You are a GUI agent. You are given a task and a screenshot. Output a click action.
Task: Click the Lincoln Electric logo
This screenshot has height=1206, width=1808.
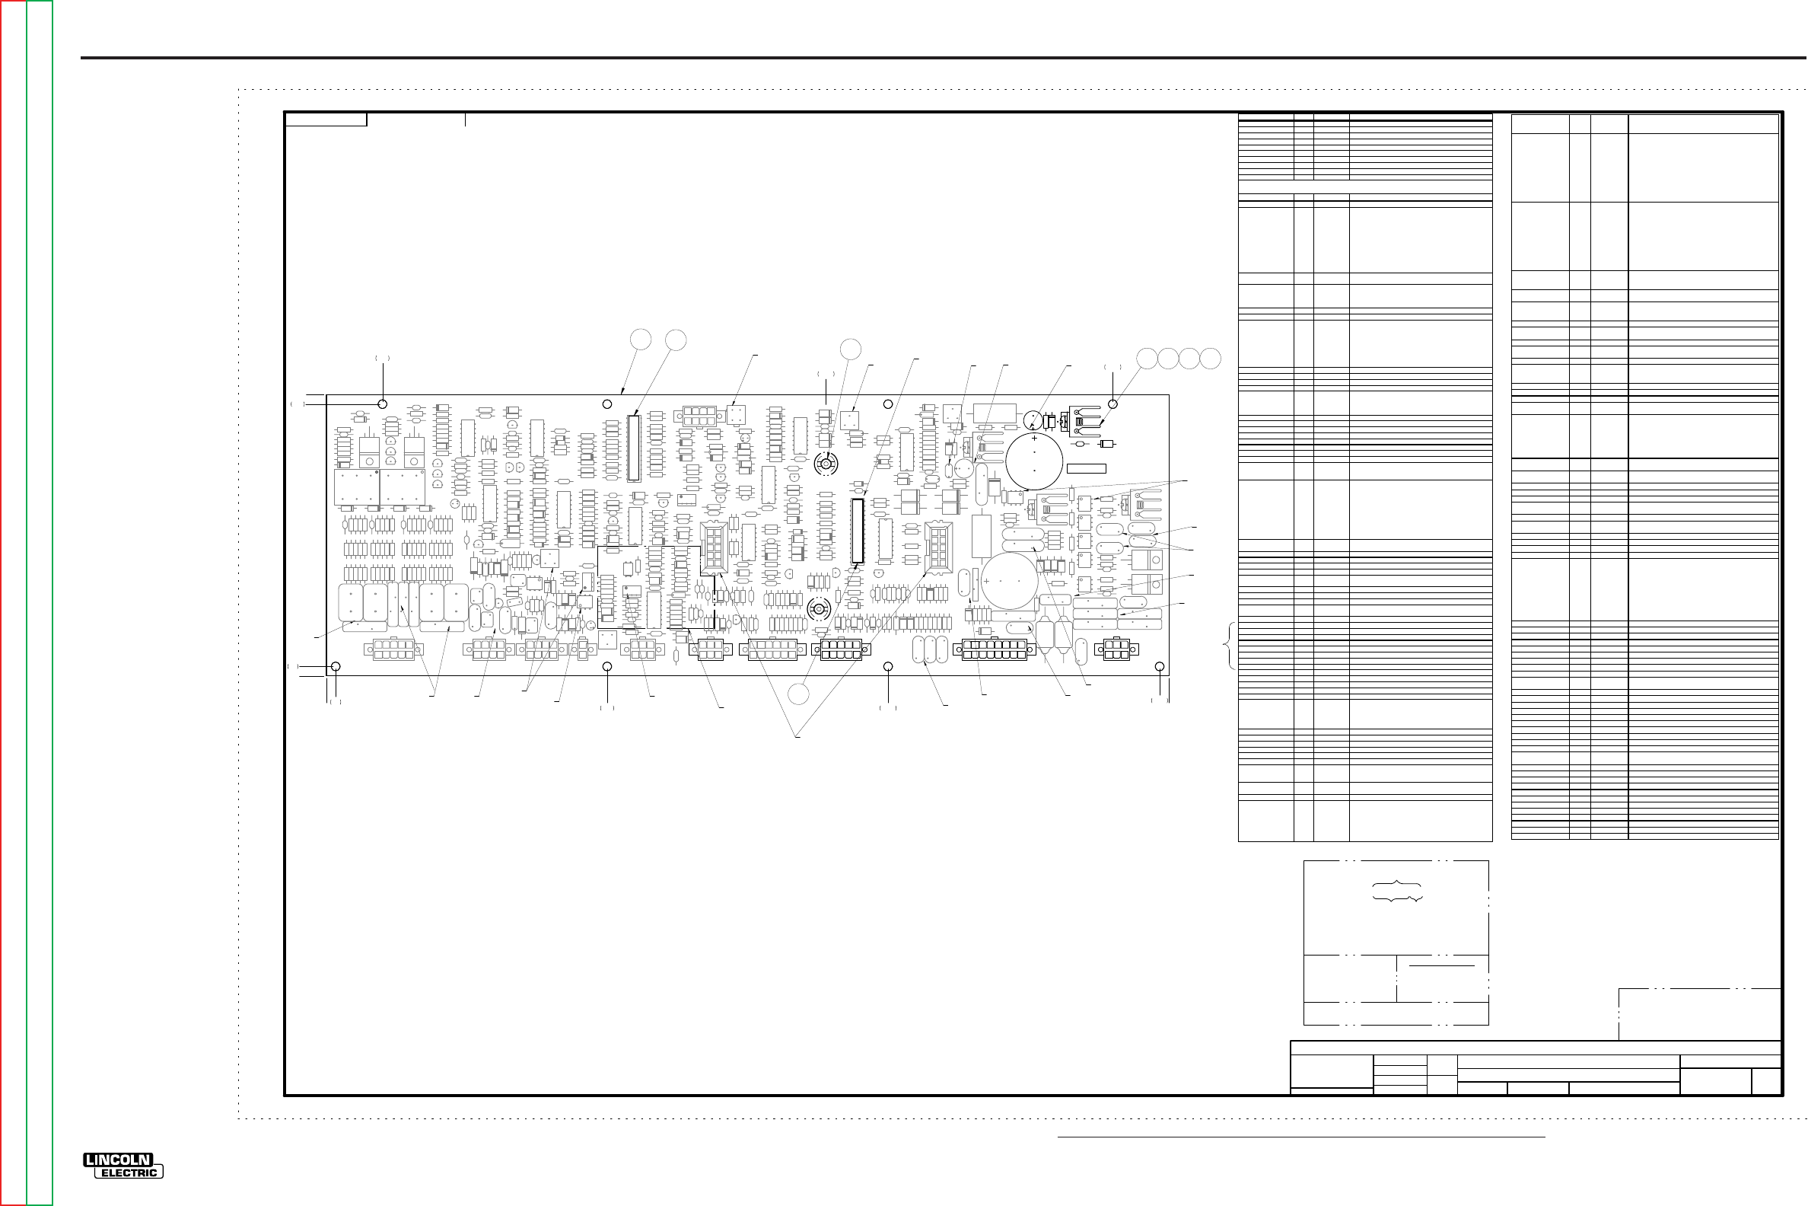123,1165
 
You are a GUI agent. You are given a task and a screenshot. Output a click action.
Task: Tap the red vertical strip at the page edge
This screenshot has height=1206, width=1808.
13,603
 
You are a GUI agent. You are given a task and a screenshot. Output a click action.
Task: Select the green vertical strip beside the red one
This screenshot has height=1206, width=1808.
40,603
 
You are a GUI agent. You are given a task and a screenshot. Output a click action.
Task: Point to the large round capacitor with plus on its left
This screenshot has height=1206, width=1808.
1010,582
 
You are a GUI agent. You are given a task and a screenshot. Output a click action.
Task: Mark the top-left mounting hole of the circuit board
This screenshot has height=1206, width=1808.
383,404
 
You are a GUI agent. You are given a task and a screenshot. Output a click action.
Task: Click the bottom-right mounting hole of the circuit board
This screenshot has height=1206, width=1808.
1160,667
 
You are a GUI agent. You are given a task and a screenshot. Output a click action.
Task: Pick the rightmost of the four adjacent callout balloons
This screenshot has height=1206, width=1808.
1211,359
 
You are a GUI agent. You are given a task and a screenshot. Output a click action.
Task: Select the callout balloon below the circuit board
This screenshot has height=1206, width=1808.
799,694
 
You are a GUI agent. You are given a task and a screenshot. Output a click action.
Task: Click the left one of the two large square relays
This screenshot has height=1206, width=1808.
357,487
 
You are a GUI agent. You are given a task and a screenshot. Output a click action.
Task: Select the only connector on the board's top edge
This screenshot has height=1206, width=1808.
699,416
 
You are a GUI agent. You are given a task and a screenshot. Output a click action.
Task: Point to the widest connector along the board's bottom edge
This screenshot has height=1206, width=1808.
995,650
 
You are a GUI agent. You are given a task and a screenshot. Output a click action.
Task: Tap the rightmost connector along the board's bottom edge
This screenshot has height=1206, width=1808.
1120,650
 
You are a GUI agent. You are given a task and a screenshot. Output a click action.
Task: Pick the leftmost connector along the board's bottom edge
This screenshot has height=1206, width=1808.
393,650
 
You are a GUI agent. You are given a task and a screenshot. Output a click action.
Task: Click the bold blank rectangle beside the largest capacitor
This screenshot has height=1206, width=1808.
1086,468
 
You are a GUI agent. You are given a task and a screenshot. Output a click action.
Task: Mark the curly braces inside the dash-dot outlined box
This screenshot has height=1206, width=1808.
1398,891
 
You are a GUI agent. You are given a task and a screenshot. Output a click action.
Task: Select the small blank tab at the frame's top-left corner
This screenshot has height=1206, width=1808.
326,120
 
